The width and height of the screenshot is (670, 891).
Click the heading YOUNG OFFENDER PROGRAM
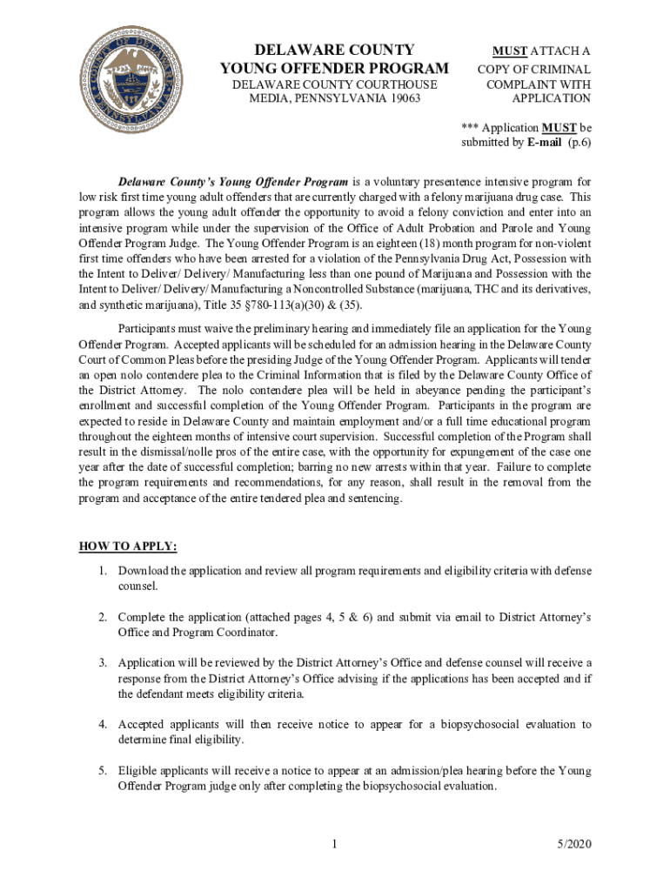point(335,69)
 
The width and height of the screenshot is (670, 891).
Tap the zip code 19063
point(399,99)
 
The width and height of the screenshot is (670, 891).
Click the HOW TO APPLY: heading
point(128,546)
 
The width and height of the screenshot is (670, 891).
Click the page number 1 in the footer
point(335,844)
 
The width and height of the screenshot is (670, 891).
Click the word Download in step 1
point(144,571)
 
